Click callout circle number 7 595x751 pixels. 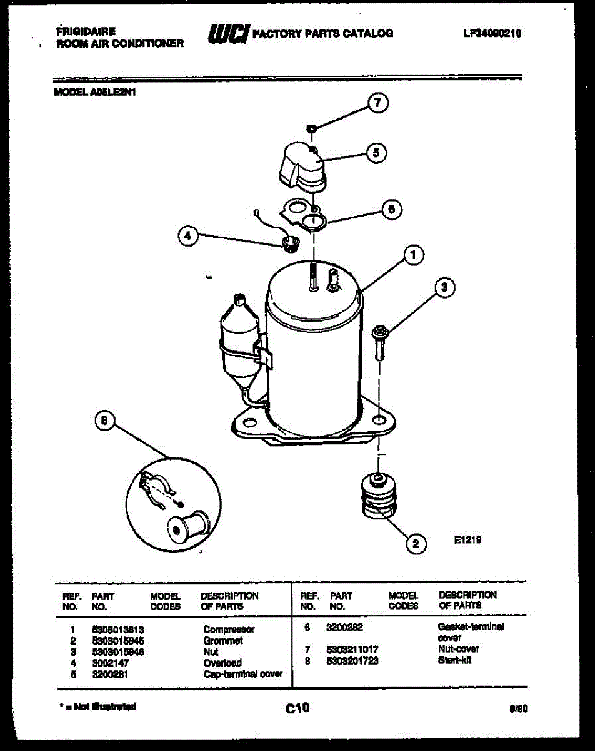[x=377, y=103]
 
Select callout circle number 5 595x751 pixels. [x=376, y=153]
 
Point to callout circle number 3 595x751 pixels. [x=444, y=287]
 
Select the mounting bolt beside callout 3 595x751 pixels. [x=379, y=340]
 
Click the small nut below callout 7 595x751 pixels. [x=310, y=128]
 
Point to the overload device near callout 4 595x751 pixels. [x=289, y=242]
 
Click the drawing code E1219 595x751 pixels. [x=467, y=539]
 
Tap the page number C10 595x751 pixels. [x=297, y=708]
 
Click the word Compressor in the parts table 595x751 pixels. [x=229, y=630]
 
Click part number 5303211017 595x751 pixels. [x=352, y=650]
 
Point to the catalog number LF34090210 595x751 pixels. [x=492, y=33]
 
